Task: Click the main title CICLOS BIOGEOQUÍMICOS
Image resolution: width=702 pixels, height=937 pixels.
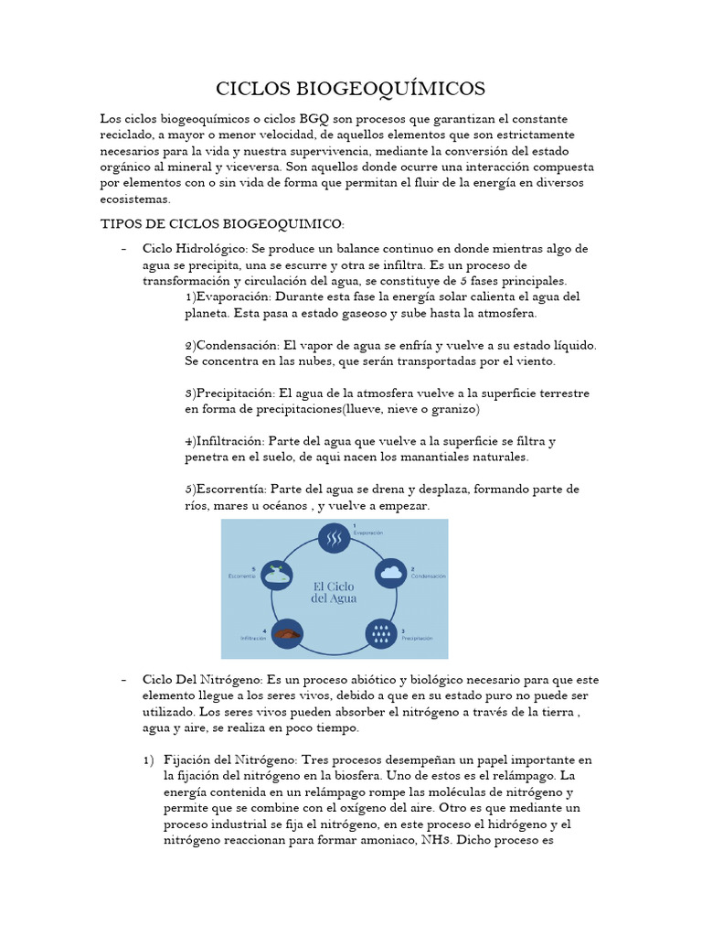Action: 351,88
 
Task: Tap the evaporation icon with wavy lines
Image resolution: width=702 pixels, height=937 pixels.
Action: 335,540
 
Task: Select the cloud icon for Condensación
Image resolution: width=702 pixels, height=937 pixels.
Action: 390,574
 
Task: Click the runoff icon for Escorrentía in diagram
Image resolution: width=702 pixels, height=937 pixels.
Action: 273,575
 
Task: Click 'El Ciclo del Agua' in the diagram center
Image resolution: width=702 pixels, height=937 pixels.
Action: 335,590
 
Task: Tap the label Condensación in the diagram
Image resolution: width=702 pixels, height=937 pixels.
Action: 428,576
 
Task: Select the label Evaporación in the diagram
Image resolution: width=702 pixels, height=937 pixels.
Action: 368,532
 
